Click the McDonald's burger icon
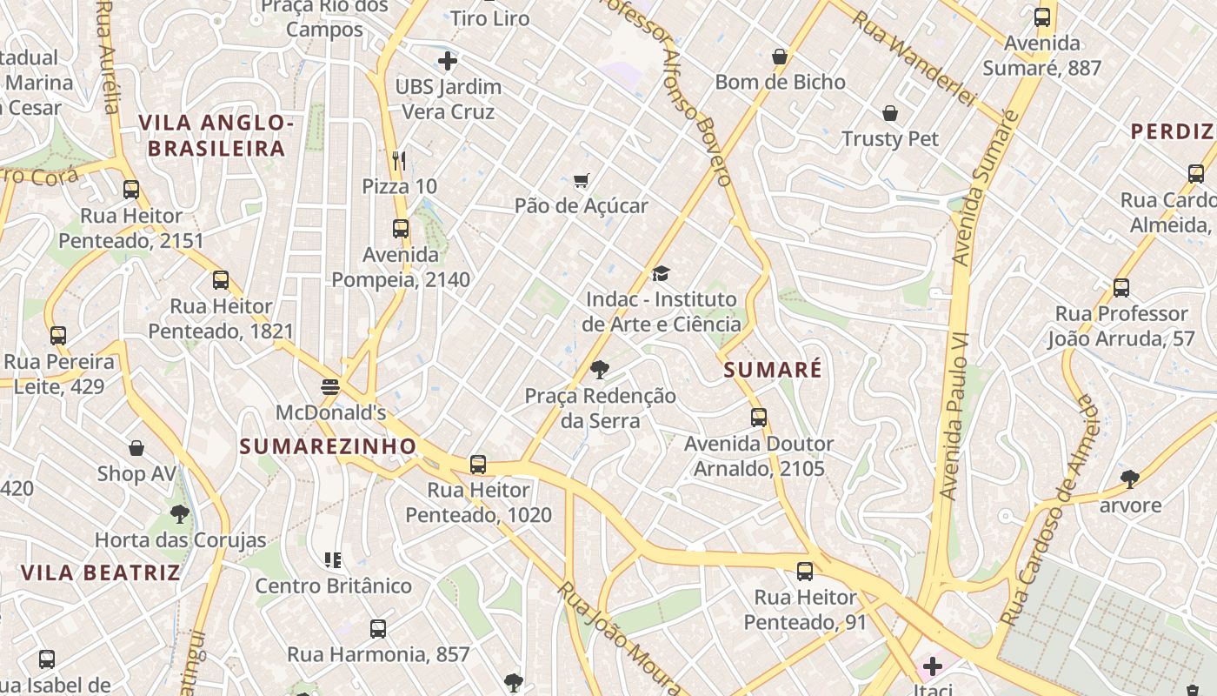pyautogui.click(x=329, y=386)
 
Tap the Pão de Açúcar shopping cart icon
pyautogui.click(x=581, y=181)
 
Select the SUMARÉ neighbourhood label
pyautogui.click(x=773, y=370)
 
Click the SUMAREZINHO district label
pyautogui.click(x=328, y=446)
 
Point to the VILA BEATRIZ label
pyautogui.click(x=101, y=572)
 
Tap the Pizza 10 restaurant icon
pyautogui.click(x=399, y=160)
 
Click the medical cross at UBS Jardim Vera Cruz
pyautogui.click(x=448, y=61)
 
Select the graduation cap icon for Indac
pyautogui.click(x=662, y=274)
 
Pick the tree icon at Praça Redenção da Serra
pyautogui.click(x=599, y=370)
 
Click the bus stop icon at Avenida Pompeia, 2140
pyautogui.click(x=401, y=229)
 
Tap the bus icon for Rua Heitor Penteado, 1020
pyautogui.click(x=477, y=465)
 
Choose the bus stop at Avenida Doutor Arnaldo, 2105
pyautogui.click(x=759, y=418)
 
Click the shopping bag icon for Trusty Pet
pyautogui.click(x=890, y=113)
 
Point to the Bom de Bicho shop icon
pyautogui.click(x=780, y=57)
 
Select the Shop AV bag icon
pyautogui.click(x=136, y=448)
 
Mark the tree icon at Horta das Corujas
pyautogui.click(x=180, y=513)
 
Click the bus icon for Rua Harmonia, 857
pyautogui.click(x=378, y=628)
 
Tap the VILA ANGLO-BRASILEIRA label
pyautogui.click(x=216, y=135)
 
